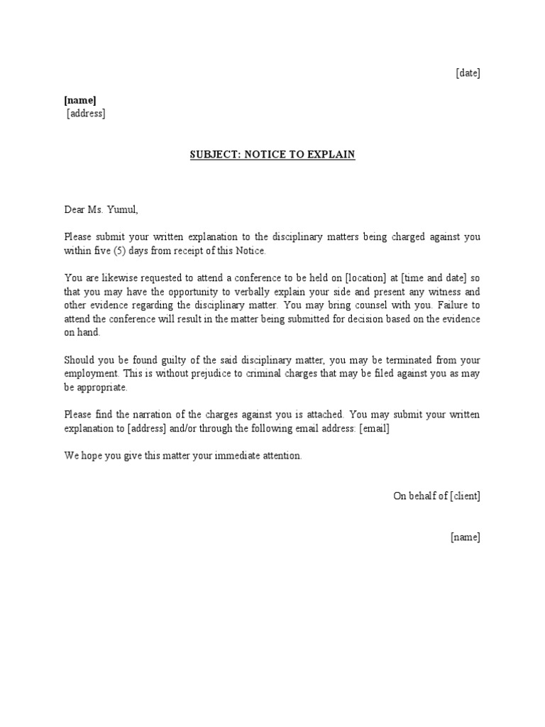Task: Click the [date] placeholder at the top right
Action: point(468,73)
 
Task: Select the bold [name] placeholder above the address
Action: point(79,100)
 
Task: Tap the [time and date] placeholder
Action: point(426,278)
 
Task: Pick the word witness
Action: point(422,291)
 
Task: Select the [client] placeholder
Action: point(466,496)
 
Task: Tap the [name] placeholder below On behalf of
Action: point(466,537)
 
